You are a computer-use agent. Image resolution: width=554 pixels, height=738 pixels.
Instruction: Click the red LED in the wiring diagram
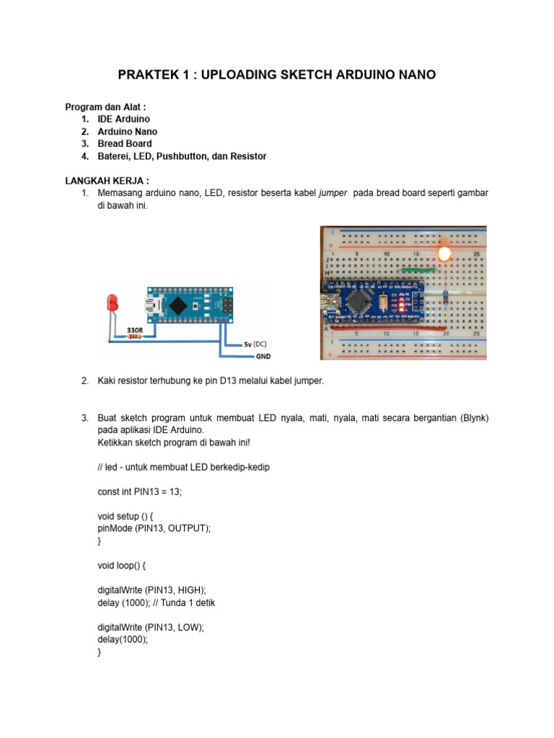(x=112, y=302)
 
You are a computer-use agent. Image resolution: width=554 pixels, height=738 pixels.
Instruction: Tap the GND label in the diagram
(x=263, y=356)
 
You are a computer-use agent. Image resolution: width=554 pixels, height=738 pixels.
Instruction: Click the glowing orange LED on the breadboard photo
(x=444, y=254)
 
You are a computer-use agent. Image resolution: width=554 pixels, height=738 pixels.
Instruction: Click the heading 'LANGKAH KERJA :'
(x=107, y=180)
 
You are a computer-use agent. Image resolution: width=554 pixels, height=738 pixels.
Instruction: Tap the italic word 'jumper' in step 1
(x=332, y=193)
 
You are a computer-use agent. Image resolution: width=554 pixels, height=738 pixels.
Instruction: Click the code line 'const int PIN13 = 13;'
(x=139, y=492)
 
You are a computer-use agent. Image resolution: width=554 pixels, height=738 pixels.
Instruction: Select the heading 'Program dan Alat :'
(x=110, y=107)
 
